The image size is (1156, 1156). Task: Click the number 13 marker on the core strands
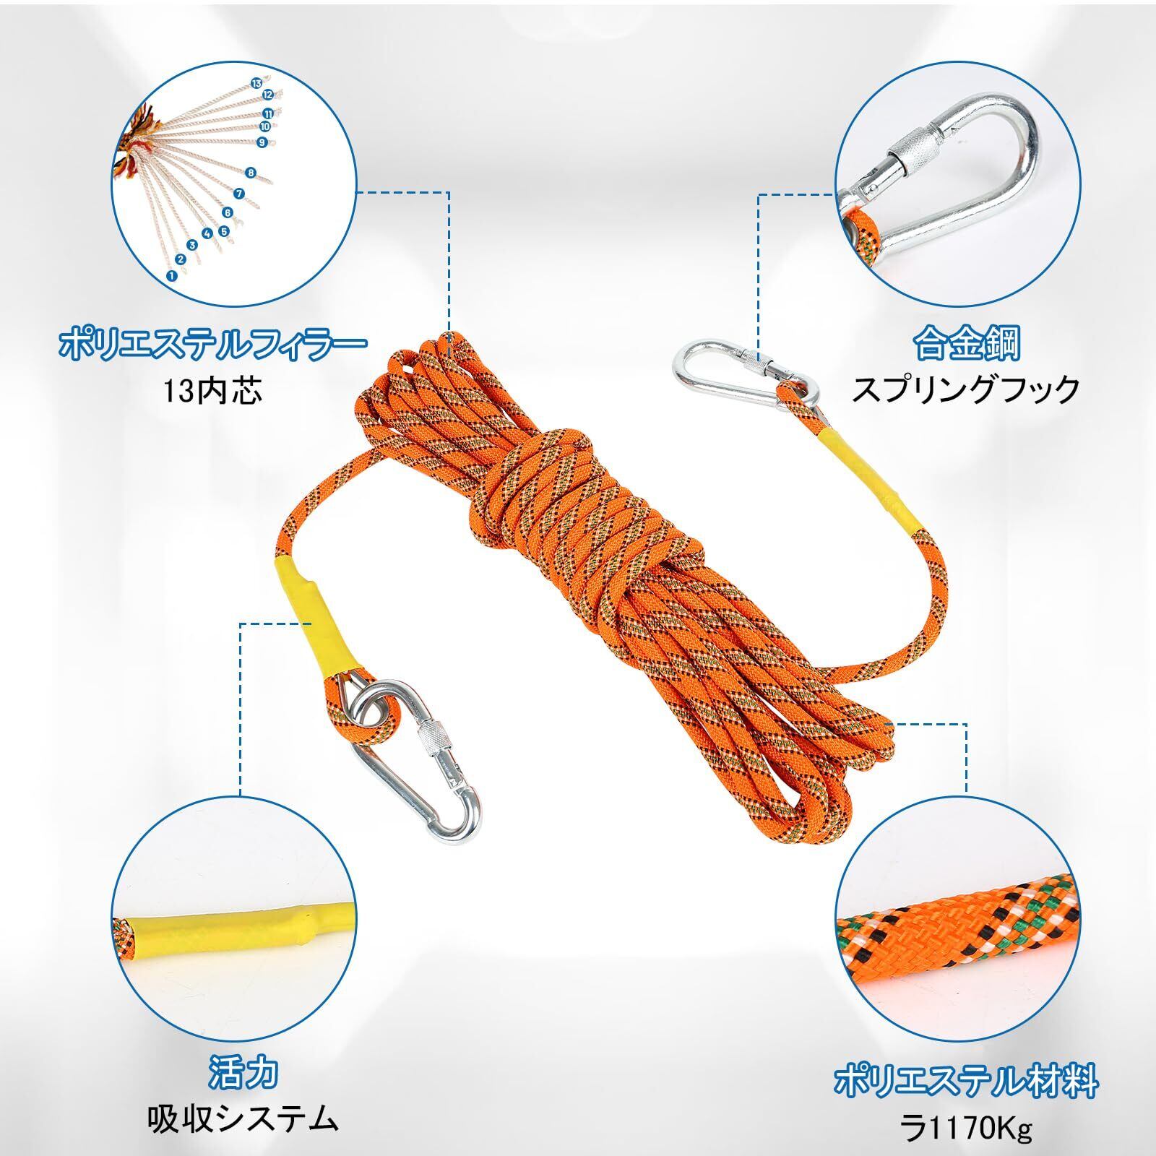(x=256, y=83)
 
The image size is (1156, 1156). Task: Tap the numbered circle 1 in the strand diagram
(x=171, y=274)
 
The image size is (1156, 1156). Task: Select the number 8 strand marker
(x=250, y=173)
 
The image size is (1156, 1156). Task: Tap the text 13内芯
(x=210, y=391)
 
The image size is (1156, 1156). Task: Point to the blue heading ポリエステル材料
(x=966, y=1081)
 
